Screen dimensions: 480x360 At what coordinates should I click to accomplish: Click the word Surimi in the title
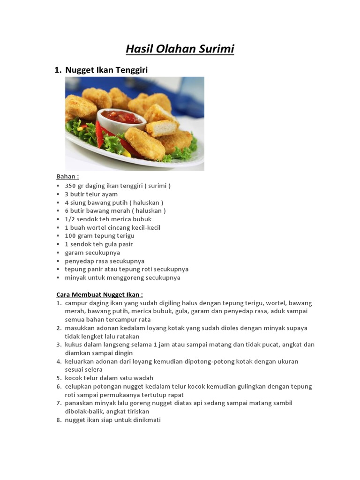(x=215, y=49)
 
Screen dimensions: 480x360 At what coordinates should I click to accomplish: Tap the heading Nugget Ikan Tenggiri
(x=106, y=70)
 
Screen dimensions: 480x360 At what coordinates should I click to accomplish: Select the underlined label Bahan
(x=67, y=177)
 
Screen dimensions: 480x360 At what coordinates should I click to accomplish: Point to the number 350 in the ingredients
(x=70, y=186)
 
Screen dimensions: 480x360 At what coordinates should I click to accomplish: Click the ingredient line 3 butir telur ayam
(x=91, y=194)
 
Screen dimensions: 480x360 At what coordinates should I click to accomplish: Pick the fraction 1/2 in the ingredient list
(x=69, y=219)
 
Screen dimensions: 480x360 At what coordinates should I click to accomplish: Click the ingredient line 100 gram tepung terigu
(x=99, y=236)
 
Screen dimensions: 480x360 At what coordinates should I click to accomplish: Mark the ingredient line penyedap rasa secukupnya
(x=105, y=261)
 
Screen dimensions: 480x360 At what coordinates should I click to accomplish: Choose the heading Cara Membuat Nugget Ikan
(x=99, y=294)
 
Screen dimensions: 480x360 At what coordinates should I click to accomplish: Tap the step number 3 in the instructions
(x=59, y=345)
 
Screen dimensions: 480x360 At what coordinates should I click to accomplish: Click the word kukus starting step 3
(x=73, y=345)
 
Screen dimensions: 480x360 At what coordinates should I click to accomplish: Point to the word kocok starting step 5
(x=74, y=378)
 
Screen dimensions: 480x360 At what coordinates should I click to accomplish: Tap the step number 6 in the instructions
(x=59, y=386)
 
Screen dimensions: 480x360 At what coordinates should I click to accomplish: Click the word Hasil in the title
(x=138, y=49)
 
